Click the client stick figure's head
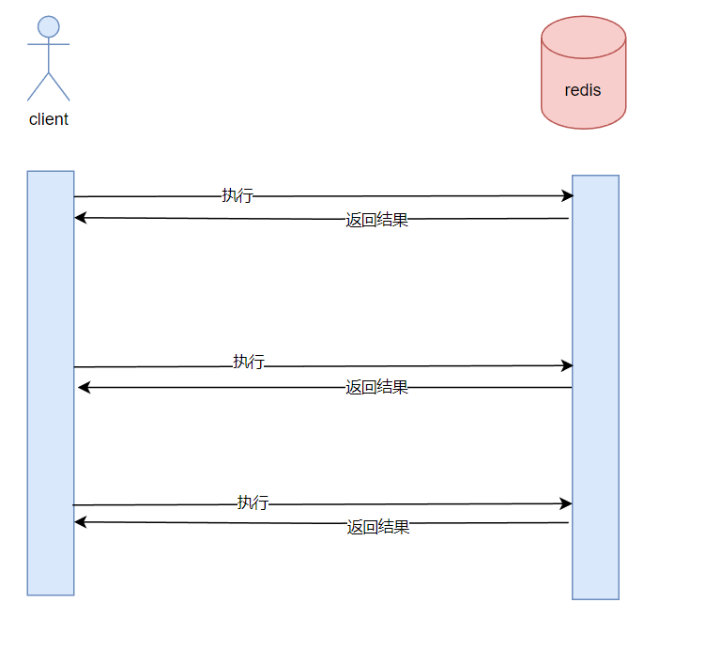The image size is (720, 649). point(49,26)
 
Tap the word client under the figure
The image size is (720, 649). point(49,119)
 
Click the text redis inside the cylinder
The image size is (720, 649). point(583,91)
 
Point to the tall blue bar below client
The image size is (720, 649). point(51,382)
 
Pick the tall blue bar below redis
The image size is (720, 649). point(595,386)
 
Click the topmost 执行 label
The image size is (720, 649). point(237,195)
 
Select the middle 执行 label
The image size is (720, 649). point(249,362)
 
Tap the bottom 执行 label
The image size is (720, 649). point(253,502)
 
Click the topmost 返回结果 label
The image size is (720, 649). point(376,221)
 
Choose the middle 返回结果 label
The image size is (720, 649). point(376,387)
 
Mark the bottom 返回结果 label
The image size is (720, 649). point(378,527)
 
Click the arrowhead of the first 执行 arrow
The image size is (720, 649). point(567,195)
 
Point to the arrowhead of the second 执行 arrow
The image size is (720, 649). point(567,364)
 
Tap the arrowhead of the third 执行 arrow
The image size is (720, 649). point(566,503)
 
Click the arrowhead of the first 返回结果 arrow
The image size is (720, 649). point(81,218)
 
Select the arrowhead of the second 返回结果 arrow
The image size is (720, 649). point(84,387)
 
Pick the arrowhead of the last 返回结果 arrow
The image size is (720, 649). point(81,521)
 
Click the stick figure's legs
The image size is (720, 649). point(49,85)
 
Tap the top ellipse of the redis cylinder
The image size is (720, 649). point(583,37)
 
